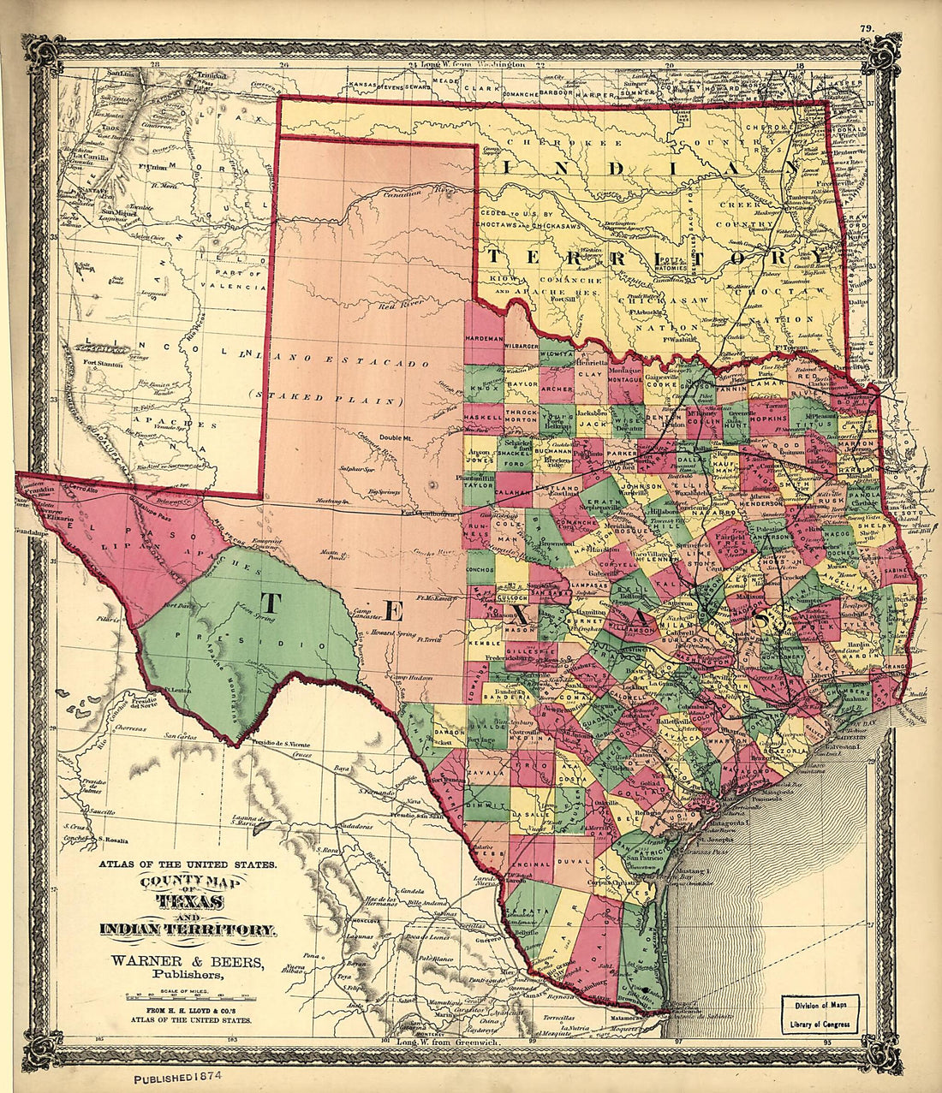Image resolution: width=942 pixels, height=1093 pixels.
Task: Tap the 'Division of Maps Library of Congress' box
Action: tap(820, 1014)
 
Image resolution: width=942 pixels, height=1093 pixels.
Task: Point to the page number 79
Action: tap(866, 29)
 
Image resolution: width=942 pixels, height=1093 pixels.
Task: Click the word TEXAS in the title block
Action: tap(189, 902)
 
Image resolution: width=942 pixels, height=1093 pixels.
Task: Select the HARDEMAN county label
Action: tap(484, 340)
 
